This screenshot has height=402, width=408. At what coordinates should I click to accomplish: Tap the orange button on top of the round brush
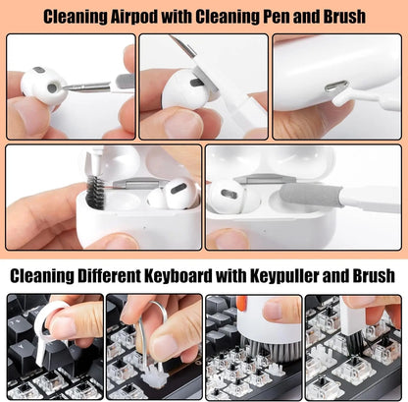coord(241,304)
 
